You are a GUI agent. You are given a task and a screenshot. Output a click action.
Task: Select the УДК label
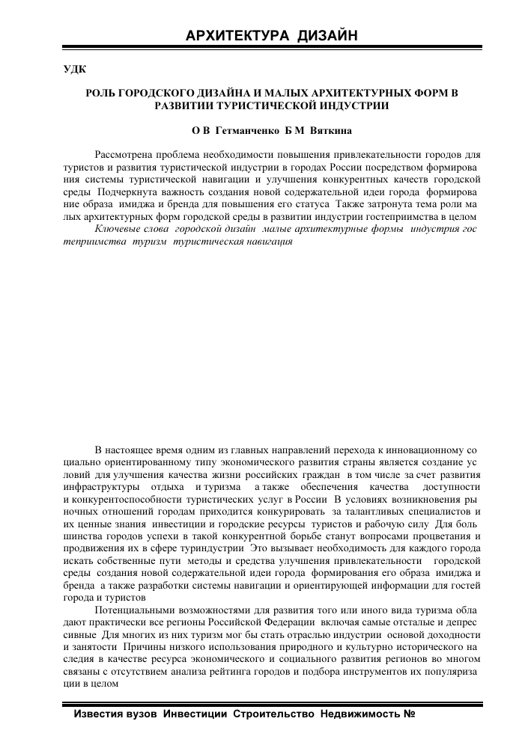pos(73,70)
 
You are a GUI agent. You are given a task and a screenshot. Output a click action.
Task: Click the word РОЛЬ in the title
pos(103,94)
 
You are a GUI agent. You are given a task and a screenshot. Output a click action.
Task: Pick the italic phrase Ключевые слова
pos(129,230)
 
